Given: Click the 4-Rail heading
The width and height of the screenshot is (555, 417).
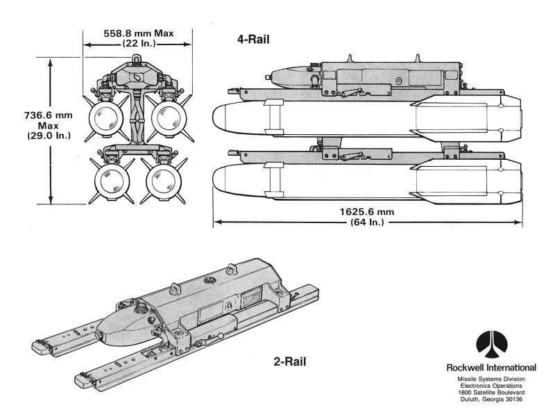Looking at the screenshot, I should pos(252,40).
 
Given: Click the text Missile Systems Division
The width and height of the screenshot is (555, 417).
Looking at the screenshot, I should pos(493,378).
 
